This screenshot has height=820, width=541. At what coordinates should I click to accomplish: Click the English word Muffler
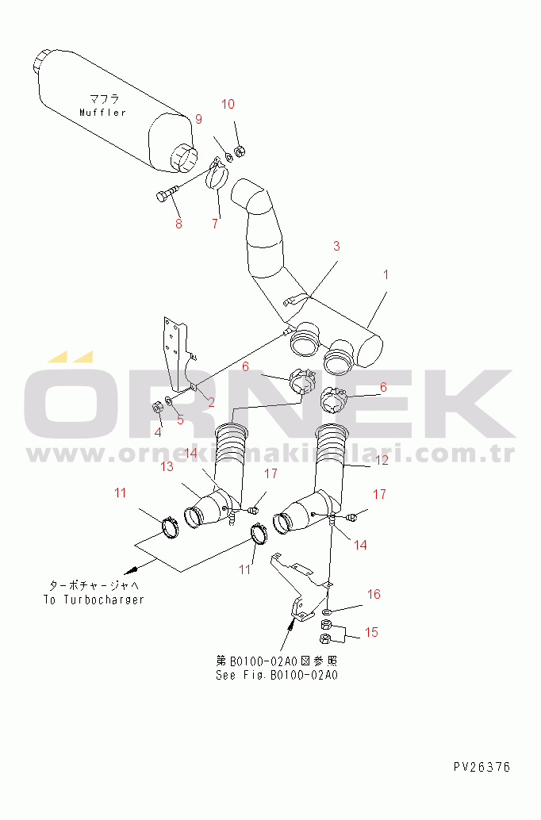tap(102, 113)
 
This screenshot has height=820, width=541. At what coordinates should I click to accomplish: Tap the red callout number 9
tap(198, 119)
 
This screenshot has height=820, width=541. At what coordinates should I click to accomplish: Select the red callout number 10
tap(228, 104)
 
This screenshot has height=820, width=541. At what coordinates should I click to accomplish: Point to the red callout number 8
tap(178, 224)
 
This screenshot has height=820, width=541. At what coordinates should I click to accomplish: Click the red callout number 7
tap(215, 224)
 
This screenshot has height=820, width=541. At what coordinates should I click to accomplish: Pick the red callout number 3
tap(336, 246)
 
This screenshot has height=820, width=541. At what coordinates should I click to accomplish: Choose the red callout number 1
tap(386, 274)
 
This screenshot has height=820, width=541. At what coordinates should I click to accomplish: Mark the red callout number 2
tap(211, 402)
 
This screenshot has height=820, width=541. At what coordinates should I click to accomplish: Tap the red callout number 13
tap(167, 466)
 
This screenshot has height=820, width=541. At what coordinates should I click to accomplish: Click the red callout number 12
tap(382, 460)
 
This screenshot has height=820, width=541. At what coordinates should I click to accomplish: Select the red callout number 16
tap(374, 594)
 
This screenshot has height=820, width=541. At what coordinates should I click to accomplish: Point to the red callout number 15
tap(371, 632)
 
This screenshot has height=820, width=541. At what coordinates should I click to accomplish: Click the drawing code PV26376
tap(482, 767)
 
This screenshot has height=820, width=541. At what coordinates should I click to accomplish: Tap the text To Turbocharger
tap(94, 600)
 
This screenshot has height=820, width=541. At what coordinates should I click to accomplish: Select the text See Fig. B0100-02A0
tap(277, 675)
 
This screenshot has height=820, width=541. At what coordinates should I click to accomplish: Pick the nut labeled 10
tap(240, 151)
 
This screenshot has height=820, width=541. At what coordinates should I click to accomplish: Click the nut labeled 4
tap(156, 407)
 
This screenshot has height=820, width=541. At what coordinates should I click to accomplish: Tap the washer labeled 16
tap(327, 611)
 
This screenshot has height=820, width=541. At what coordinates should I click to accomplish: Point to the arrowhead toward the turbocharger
tap(130, 569)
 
